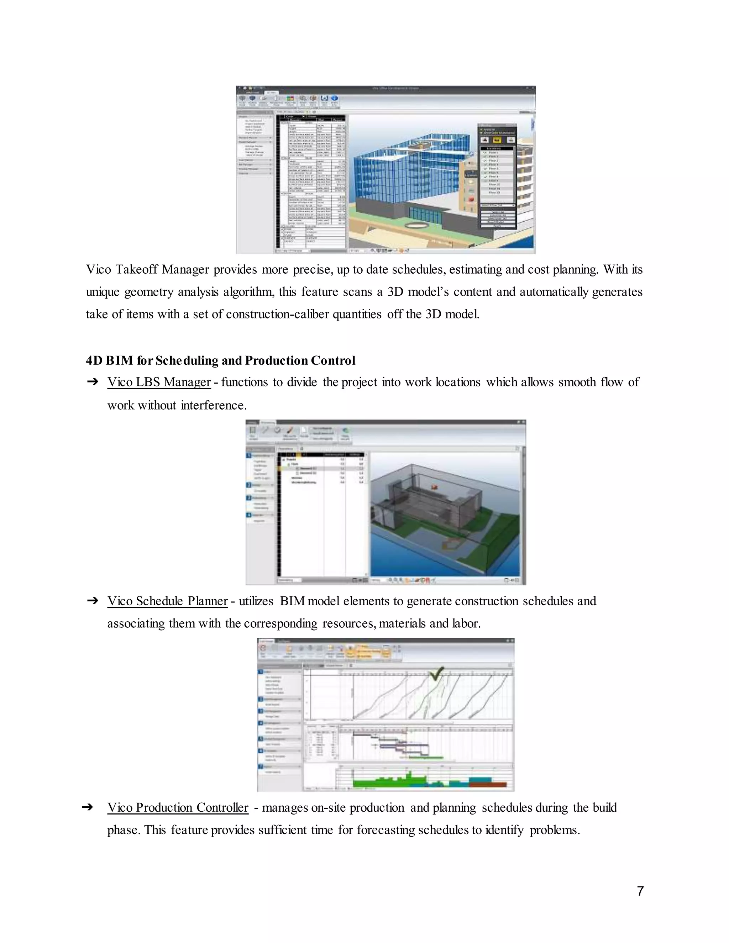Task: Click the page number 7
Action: pos(640,891)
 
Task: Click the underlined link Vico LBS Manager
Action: pos(159,382)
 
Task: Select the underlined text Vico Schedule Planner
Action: pos(167,601)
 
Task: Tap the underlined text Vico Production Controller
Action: pos(178,807)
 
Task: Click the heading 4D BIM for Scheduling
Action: pos(220,360)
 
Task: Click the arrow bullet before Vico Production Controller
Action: pos(87,807)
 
